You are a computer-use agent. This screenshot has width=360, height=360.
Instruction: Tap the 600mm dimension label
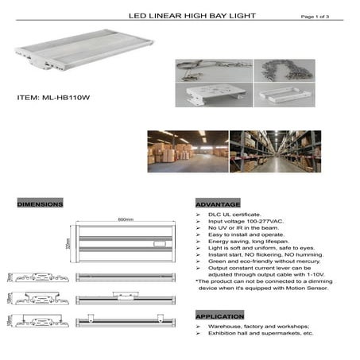tap(124, 219)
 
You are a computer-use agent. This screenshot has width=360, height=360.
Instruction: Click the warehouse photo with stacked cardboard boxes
tap(187, 152)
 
